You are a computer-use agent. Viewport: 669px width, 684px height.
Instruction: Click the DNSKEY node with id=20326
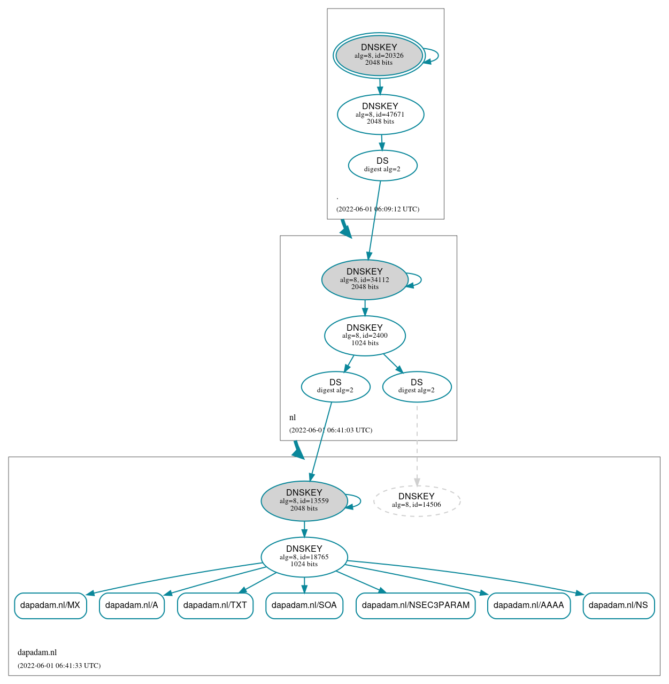click(379, 55)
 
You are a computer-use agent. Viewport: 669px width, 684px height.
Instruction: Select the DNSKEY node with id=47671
click(380, 114)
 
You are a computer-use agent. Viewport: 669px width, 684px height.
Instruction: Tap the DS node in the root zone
click(382, 165)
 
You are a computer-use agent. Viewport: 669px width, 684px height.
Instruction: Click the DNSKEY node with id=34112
click(365, 279)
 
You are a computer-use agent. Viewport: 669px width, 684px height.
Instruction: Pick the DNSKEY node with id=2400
click(365, 336)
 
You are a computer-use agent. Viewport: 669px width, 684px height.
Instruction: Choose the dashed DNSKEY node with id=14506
click(417, 501)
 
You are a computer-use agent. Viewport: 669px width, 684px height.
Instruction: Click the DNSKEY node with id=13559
click(304, 501)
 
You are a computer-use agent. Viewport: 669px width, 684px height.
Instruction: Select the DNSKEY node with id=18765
click(304, 557)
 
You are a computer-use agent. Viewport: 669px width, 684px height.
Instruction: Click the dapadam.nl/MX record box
click(50, 605)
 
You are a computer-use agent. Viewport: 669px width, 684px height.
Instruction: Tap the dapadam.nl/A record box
click(132, 605)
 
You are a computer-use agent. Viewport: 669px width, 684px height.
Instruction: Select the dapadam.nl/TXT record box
click(215, 605)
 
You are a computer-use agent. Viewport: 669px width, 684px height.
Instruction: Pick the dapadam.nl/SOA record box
click(304, 605)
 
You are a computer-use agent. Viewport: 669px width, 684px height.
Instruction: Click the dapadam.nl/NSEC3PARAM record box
click(416, 605)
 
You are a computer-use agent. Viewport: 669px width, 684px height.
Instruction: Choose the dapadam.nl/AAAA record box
click(528, 605)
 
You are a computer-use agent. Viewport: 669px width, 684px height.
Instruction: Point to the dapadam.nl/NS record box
click(618, 605)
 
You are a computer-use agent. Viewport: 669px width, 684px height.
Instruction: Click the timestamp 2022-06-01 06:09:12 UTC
click(378, 209)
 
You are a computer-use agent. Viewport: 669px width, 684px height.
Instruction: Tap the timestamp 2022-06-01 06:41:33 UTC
click(59, 666)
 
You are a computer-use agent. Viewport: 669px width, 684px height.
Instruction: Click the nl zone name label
click(293, 417)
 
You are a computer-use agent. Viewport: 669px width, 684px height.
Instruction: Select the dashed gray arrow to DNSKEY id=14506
click(417, 444)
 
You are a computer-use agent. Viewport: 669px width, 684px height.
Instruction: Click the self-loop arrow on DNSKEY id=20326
click(437, 56)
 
